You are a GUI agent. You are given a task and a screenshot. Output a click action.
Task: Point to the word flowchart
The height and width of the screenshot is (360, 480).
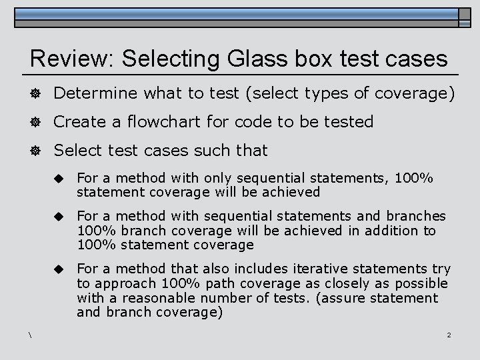point(159,122)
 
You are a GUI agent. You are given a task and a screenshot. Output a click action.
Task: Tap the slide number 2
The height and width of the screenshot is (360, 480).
point(449,335)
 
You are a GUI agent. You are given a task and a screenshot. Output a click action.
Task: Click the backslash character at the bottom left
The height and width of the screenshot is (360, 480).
point(31,335)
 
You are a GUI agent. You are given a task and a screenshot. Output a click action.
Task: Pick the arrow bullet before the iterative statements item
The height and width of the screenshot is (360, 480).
point(59,269)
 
